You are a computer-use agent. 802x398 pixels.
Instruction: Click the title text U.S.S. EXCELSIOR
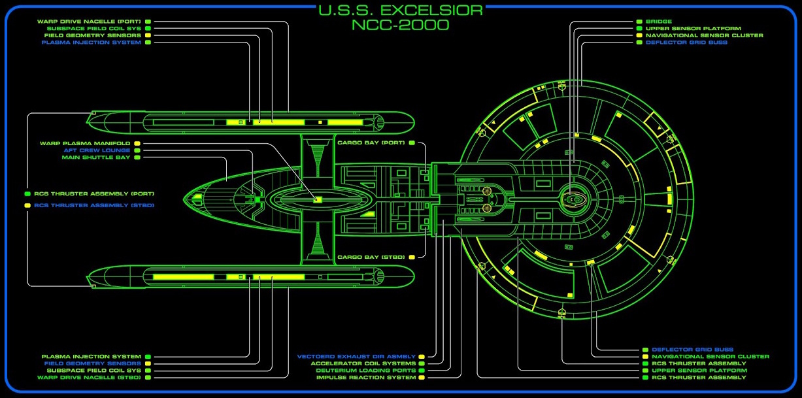pyautogui.click(x=401, y=10)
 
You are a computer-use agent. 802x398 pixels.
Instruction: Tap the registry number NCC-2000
pyautogui.click(x=401, y=25)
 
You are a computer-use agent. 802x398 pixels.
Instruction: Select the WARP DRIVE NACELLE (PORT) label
pyautogui.click(x=89, y=22)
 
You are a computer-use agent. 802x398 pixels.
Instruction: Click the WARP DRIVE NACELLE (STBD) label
pyautogui.click(x=89, y=377)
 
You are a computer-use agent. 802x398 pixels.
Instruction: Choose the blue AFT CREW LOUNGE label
pyautogui.click(x=96, y=150)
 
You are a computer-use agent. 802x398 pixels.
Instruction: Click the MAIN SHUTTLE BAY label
pyautogui.click(x=96, y=158)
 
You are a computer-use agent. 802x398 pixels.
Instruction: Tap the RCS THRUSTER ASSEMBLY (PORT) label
pyautogui.click(x=94, y=194)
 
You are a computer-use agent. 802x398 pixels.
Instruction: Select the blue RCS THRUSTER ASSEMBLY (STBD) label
pyautogui.click(x=94, y=205)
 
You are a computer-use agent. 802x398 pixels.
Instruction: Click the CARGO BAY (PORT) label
pyautogui.click(x=371, y=142)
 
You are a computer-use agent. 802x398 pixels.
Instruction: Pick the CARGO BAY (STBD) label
pyautogui.click(x=371, y=257)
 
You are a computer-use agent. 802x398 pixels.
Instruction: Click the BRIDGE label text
pyautogui.click(x=659, y=22)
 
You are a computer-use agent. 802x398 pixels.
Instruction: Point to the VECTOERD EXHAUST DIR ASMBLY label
pyautogui.click(x=356, y=356)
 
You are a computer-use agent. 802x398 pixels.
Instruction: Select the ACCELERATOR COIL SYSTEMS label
pyautogui.click(x=363, y=363)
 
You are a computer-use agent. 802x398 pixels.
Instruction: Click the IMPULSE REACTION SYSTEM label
pyautogui.click(x=366, y=378)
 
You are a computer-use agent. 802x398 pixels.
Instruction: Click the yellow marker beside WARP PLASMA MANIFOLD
pyautogui.click(x=137, y=143)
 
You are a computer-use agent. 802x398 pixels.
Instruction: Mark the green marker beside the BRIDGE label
pyautogui.click(x=639, y=22)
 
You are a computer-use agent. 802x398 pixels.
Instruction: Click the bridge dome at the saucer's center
pyautogui.click(x=574, y=197)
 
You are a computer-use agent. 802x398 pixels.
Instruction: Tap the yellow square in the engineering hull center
pyautogui.click(x=318, y=199)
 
